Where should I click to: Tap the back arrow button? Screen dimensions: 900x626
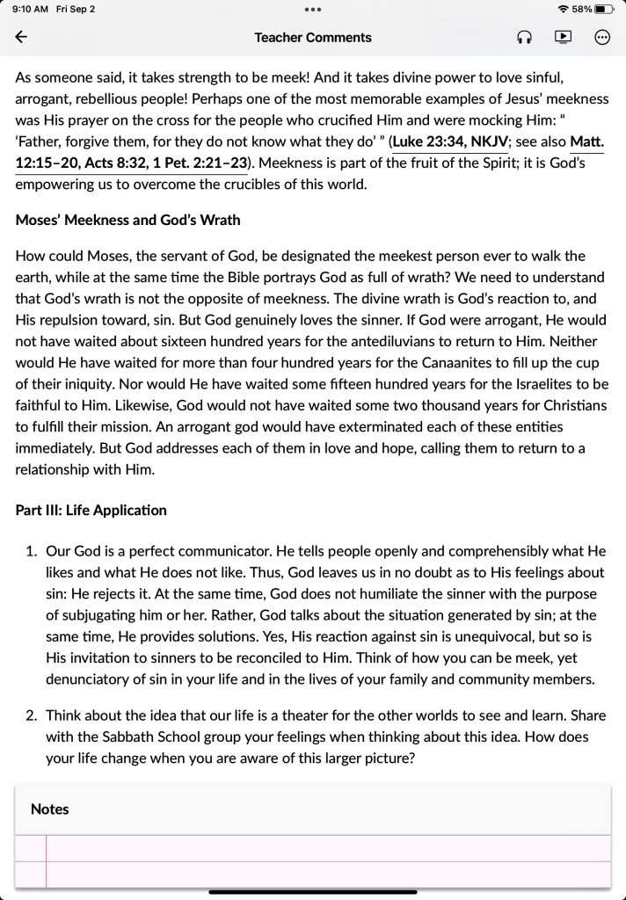[22, 37]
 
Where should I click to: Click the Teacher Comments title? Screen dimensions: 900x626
[313, 37]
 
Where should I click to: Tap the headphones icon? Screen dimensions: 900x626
[525, 37]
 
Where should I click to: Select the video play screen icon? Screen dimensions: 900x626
[563, 37]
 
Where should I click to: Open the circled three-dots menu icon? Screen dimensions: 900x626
[602, 37]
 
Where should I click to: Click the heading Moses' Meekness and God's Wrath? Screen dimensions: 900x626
[127, 220]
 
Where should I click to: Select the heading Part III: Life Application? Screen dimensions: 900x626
[91, 510]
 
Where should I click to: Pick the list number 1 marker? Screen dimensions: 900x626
[31, 551]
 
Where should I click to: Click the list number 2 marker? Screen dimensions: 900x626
[31, 715]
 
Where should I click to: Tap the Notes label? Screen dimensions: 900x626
[49, 809]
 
